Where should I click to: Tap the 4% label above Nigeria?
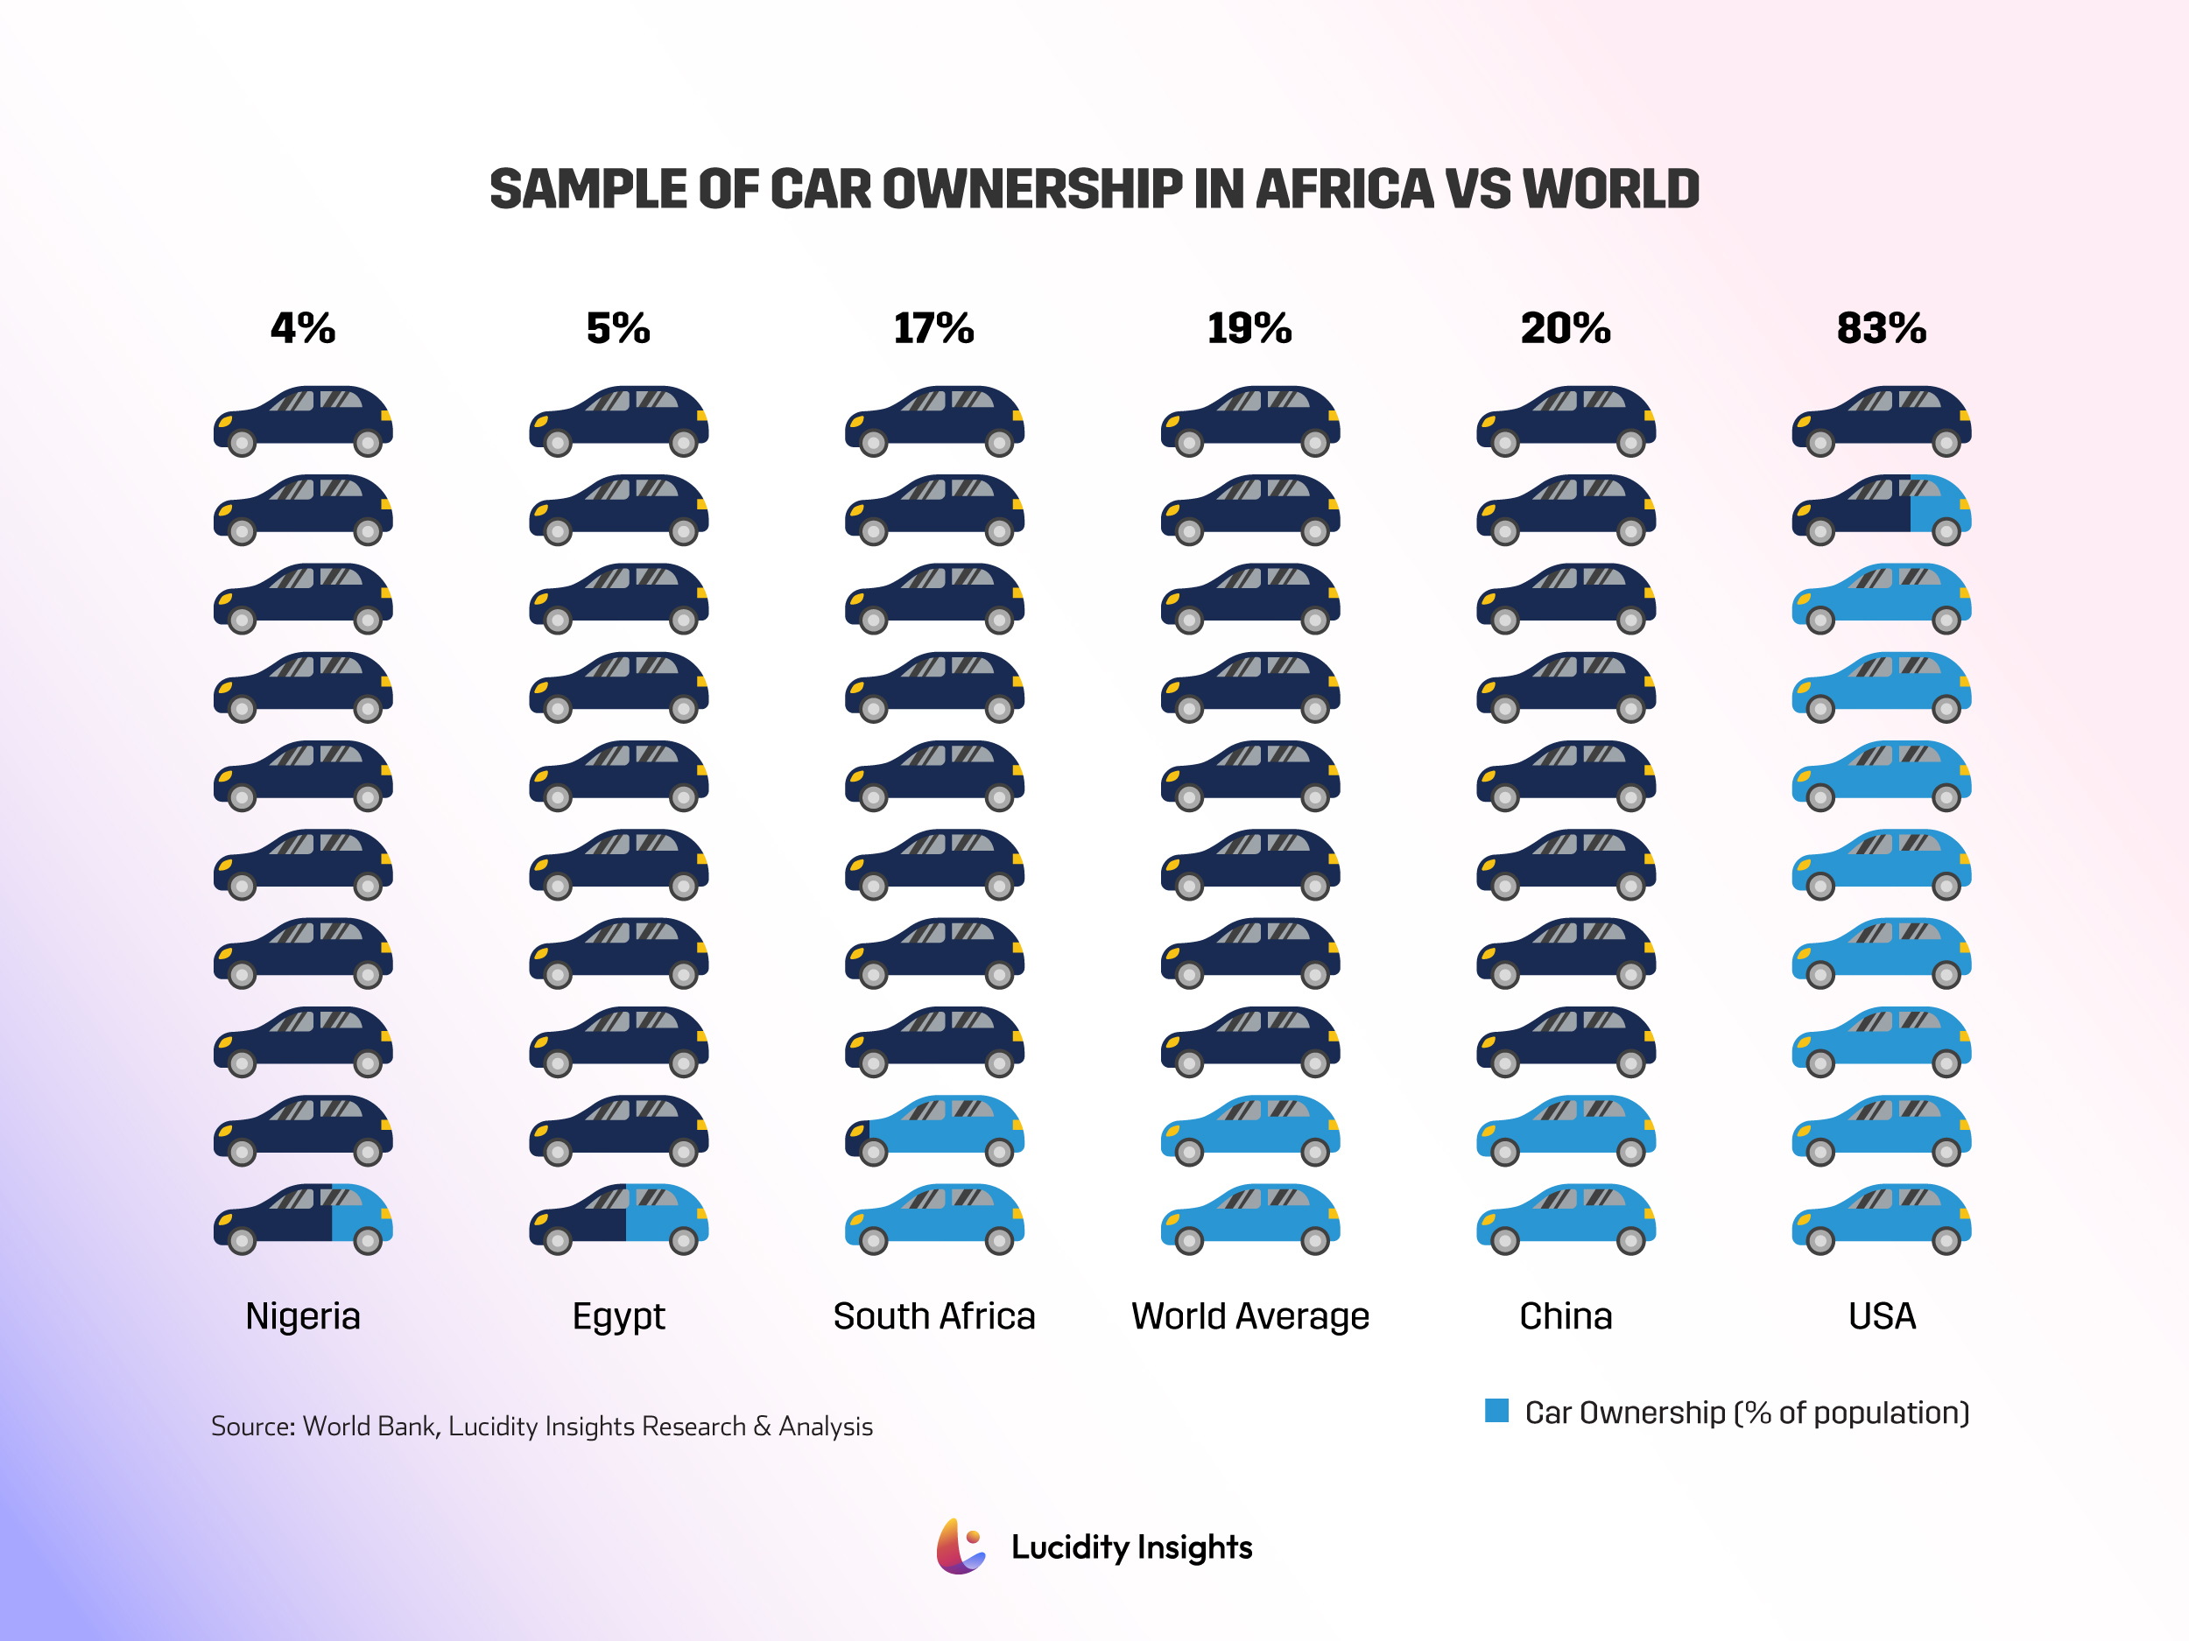[303, 328]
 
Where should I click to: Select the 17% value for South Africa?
[933, 328]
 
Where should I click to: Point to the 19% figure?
[1249, 328]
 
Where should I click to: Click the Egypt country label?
[618, 1316]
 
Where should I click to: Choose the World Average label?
[1249, 1316]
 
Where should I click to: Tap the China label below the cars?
[1566, 1316]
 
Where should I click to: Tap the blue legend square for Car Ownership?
[1496, 1411]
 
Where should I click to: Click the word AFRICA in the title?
[1344, 189]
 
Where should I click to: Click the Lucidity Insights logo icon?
[960, 1546]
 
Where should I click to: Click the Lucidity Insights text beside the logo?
[1131, 1547]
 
